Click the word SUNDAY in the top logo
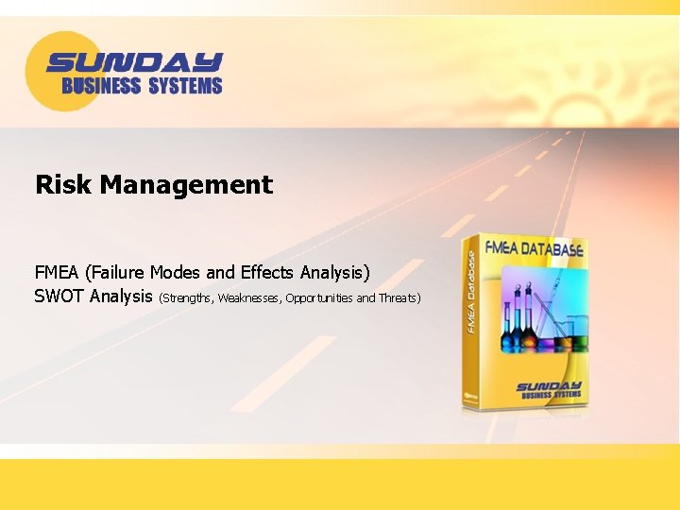click(x=133, y=63)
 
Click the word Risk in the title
click(x=64, y=184)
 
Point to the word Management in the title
click(x=186, y=185)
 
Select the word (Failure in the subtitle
click(x=115, y=273)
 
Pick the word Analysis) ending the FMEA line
click(x=335, y=273)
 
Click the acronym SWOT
click(x=59, y=297)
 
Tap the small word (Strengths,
click(x=187, y=298)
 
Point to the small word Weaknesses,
click(x=249, y=298)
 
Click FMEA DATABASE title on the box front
click(x=534, y=250)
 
